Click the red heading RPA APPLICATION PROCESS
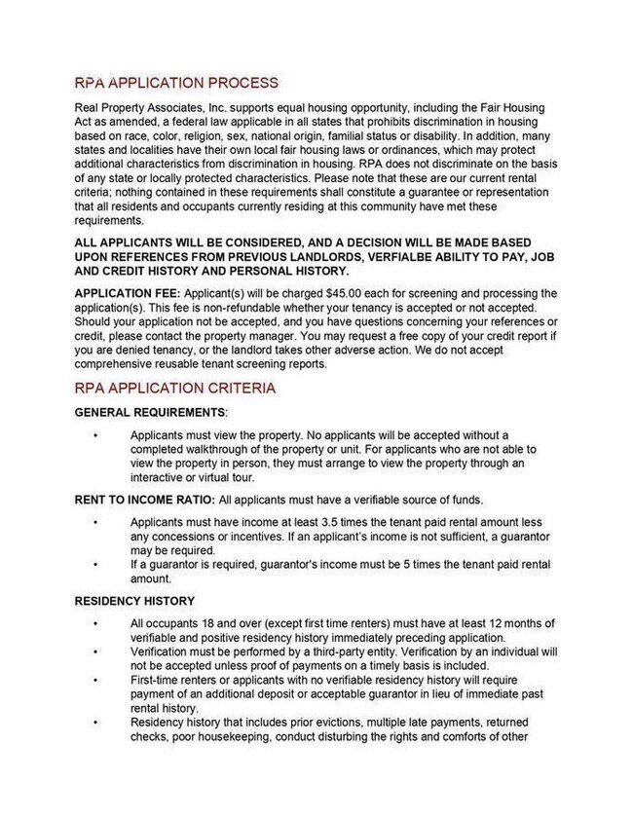(176, 83)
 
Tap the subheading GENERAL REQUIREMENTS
(150, 412)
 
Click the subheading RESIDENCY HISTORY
(134, 601)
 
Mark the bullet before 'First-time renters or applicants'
(95, 682)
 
